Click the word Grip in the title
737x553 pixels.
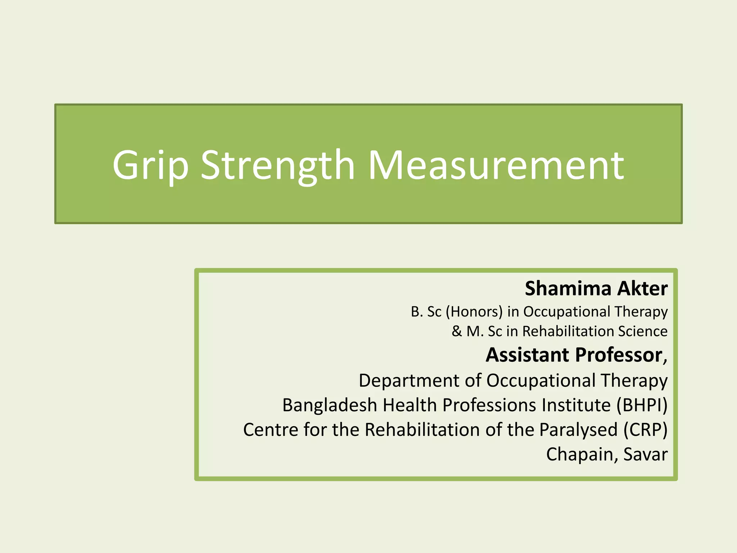150,166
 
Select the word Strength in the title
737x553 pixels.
277,166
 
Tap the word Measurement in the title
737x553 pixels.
496,166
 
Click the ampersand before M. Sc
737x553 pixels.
457,331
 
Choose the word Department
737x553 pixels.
409,381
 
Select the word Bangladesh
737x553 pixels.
329,405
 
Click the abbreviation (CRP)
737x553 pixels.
646,430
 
